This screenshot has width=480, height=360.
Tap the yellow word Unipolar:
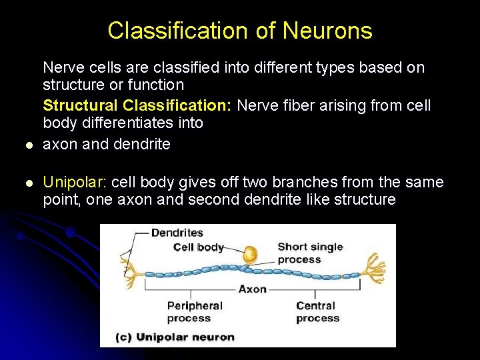click(x=76, y=182)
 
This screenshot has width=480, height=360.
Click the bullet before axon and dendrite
click(x=27, y=145)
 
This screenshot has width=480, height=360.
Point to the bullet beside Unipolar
click(x=27, y=183)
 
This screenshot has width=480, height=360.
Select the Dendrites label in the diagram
click(x=177, y=233)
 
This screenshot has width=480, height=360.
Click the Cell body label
click(x=198, y=247)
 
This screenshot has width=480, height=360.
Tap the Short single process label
click(x=309, y=253)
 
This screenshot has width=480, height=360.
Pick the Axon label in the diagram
click(x=253, y=289)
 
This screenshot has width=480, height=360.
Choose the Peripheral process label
click(x=194, y=311)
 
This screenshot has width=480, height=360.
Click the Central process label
click(x=317, y=311)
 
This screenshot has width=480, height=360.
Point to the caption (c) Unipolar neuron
click(x=175, y=337)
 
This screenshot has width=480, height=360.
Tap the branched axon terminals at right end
click(x=373, y=267)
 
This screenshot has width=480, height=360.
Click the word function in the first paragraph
click(x=159, y=85)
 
